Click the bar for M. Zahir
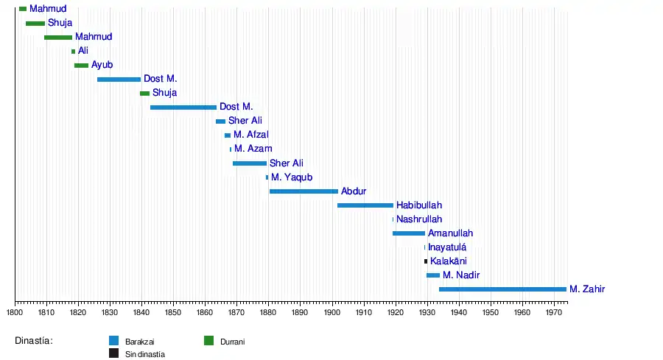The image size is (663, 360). pos(502,289)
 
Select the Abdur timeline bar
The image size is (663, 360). pos(304,191)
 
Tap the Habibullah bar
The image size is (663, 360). pos(365,205)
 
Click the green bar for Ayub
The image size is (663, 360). pos(81,66)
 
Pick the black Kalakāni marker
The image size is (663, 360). pos(426,261)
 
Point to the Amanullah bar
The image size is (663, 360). pos(409,233)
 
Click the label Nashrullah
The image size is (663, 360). pos(419,219)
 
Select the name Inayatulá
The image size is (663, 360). pos(447,247)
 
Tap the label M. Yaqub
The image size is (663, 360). pos(292,177)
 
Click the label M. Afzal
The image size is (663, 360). pos(251,135)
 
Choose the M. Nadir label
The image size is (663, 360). pos(461,275)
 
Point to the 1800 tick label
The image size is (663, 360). pos(15,312)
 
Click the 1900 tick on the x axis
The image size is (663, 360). pos(332,312)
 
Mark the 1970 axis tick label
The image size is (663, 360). pos(554,312)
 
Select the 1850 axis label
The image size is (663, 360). pos(173,312)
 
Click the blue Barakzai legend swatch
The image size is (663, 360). pos(114,341)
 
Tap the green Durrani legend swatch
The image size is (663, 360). pos(208,341)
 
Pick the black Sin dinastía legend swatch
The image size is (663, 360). pos(114,353)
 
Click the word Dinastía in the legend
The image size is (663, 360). pos(34,341)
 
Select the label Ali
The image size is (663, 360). pos(83,51)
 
